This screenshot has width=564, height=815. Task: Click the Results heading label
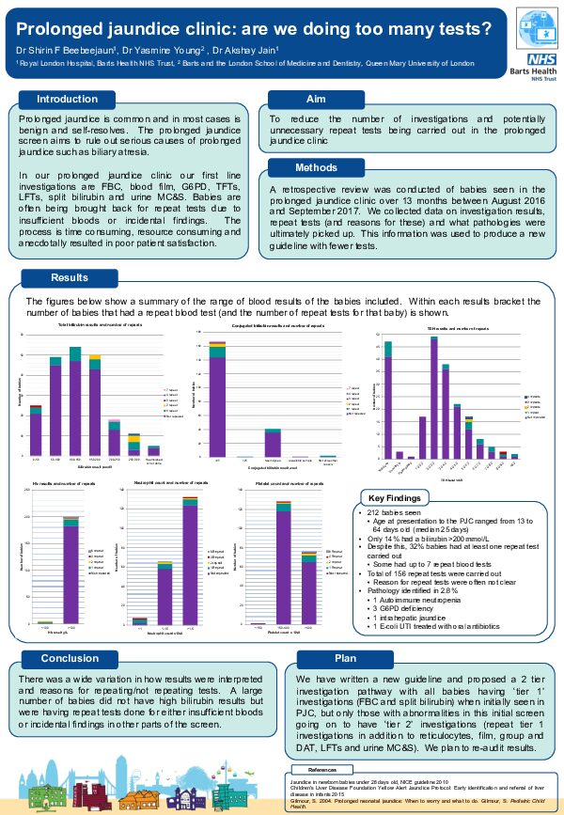(x=70, y=278)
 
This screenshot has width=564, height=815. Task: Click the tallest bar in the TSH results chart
(x=434, y=397)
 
